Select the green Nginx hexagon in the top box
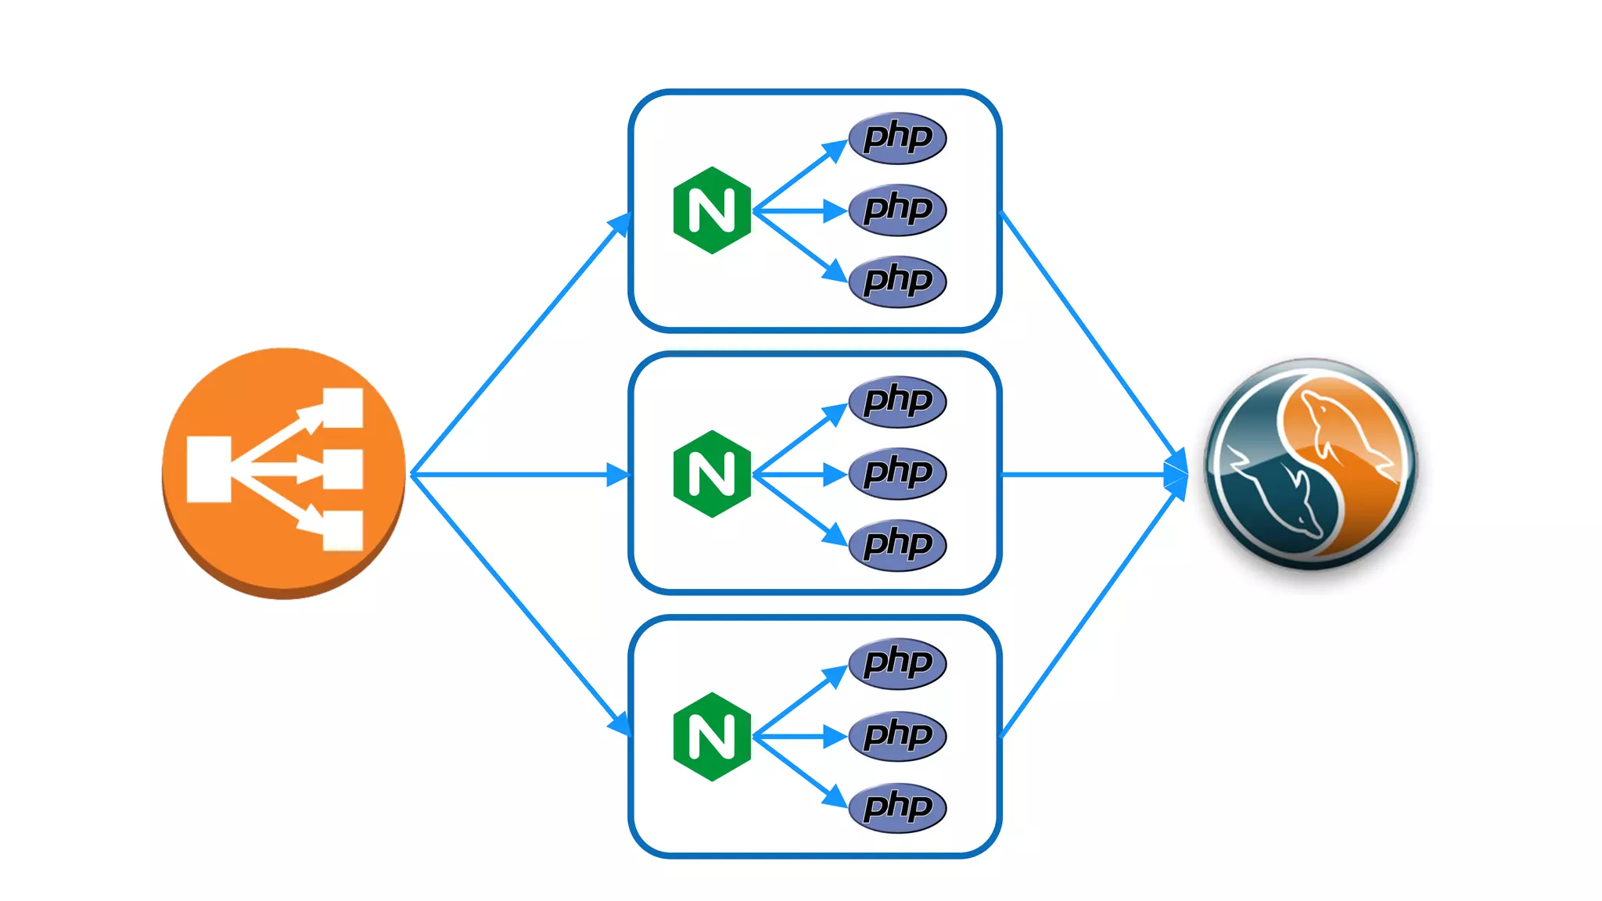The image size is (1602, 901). point(712,210)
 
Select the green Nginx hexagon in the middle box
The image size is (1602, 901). point(712,474)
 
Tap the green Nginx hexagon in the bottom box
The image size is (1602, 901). point(712,737)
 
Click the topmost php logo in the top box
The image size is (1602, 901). point(897,138)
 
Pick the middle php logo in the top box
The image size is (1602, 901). point(897,210)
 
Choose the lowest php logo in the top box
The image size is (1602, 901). point(897,281)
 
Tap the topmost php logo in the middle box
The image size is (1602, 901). point(897,401)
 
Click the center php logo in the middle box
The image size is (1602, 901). point(897,473)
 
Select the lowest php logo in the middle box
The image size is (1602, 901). point(897,544)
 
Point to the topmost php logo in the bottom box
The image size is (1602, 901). point(897,663)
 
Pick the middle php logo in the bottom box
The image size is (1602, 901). point(897,735)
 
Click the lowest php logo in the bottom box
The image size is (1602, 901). point(897,807)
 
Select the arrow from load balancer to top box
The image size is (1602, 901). point(520,344)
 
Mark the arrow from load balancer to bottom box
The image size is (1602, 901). point(520,604)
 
